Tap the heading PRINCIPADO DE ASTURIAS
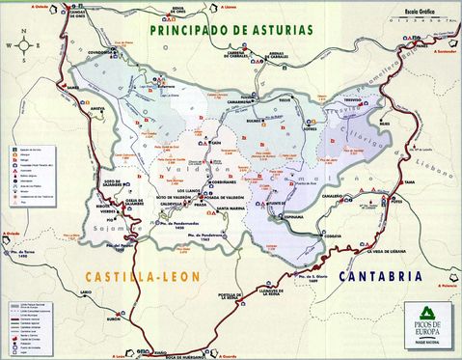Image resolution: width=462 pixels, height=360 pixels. [232, 29]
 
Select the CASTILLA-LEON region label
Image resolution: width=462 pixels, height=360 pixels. [115, 275]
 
